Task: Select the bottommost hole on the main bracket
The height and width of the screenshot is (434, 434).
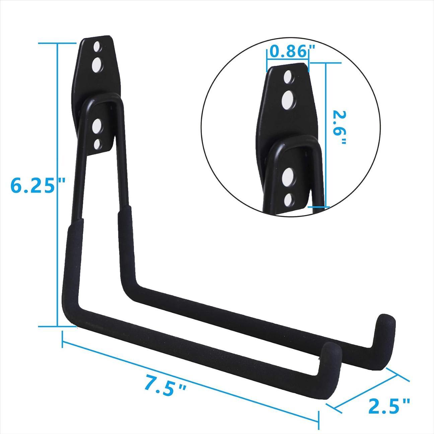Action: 97,144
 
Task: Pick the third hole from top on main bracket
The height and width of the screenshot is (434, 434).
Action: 97,126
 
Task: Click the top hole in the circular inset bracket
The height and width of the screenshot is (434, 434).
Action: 287,77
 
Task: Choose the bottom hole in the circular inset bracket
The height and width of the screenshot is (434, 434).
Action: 288,200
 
